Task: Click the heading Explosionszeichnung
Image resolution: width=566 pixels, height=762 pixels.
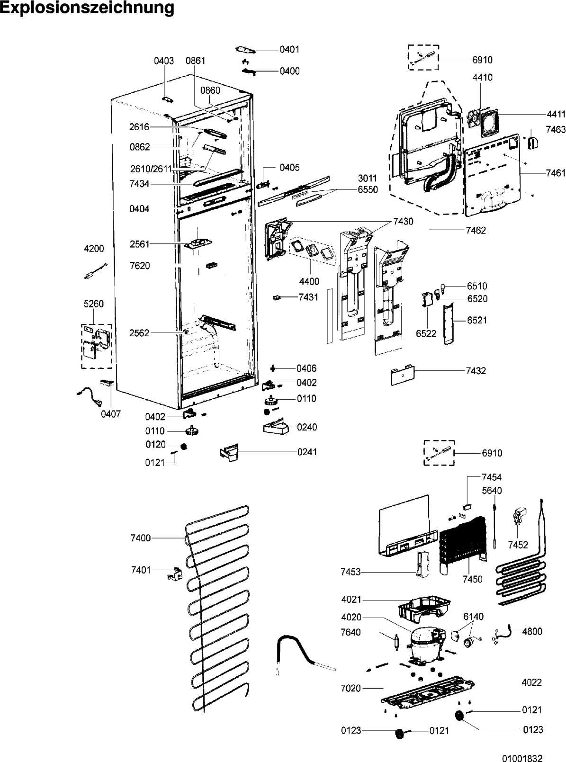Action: click(87, 8)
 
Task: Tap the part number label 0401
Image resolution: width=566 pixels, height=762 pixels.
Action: click(289, 49)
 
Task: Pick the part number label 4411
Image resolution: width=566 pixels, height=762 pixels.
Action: click(556, 114)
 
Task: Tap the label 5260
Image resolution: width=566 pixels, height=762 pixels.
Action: click(93, 304)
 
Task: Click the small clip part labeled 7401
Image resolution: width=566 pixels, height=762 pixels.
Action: click(175, 574)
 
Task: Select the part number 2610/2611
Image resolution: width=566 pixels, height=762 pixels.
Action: click(151, 169)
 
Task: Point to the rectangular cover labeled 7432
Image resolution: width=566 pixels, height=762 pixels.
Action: click(403, 375)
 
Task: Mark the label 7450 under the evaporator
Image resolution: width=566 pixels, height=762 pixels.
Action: click(473, 579)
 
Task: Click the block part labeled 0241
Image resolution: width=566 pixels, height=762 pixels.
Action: click(229, 452)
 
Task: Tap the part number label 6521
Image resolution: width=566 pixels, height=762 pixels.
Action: click(477, 320)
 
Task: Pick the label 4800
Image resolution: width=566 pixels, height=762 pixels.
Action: click(532, 631)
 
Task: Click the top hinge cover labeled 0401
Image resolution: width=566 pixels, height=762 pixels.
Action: click(246, 50)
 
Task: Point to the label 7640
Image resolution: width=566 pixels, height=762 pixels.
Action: click(350, 632)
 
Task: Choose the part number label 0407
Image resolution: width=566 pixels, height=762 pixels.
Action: click(111, 414)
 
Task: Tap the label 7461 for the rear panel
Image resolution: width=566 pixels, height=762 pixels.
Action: click(556, 173)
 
